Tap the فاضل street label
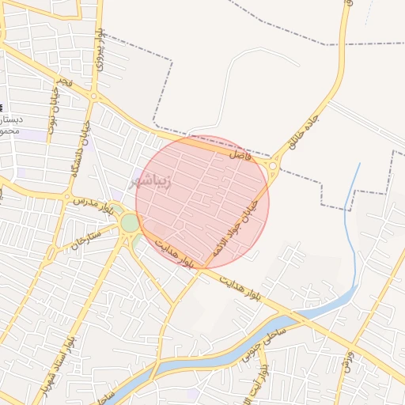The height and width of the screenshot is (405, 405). (x=238, y=157)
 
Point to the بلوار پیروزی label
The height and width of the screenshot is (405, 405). (x=100, y=52)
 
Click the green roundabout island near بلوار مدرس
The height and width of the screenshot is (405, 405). (x=130, y=224)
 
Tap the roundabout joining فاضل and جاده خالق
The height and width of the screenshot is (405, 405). (x=274, y=167)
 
